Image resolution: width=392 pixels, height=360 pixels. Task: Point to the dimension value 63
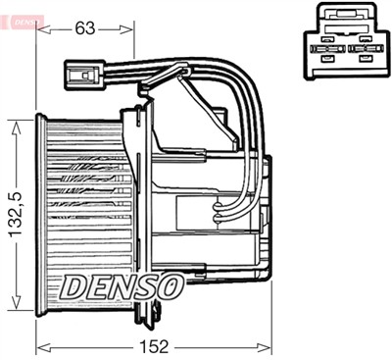click(x=85, y=28)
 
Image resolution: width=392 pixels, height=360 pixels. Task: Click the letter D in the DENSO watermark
click(x=73, y=286)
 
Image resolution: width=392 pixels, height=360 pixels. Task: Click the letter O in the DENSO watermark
click(x=169, y=286)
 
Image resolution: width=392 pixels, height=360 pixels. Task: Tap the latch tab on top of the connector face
click(x=342, y=16)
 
